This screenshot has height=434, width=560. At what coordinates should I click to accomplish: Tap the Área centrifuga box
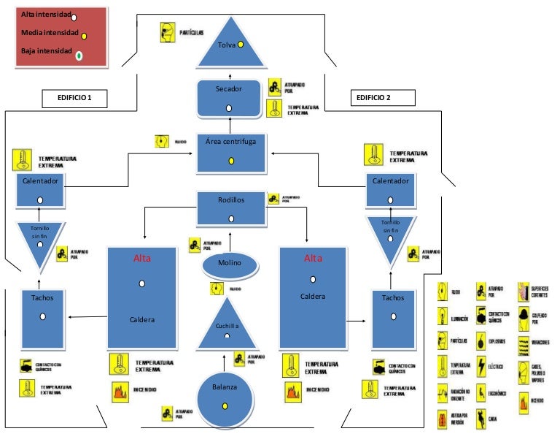coord(230,153)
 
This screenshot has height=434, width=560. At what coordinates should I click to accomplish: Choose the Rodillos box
coord(231,208)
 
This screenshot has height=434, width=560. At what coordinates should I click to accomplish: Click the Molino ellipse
coord(230,264)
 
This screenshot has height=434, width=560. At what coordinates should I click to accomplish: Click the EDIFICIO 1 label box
coord(74,98)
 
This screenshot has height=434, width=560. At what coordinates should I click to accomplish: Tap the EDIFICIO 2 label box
coord(383,97)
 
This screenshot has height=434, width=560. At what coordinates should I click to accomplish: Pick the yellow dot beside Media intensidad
coord(84,35)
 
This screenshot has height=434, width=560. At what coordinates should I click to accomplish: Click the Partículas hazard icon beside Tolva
coord(167,32)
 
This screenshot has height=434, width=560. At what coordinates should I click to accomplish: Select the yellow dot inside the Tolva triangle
coord(240,44)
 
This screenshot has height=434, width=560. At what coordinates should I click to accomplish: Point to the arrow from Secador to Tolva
coord(230,75)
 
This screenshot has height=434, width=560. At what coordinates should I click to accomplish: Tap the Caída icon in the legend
coord(481,419)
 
